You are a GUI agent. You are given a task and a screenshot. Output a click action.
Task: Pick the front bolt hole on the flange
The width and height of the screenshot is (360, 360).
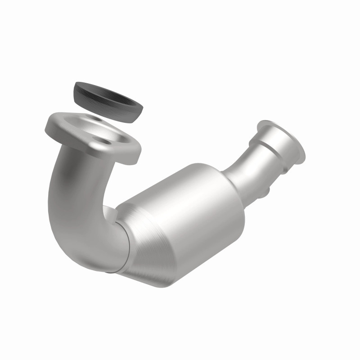point(106,141)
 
